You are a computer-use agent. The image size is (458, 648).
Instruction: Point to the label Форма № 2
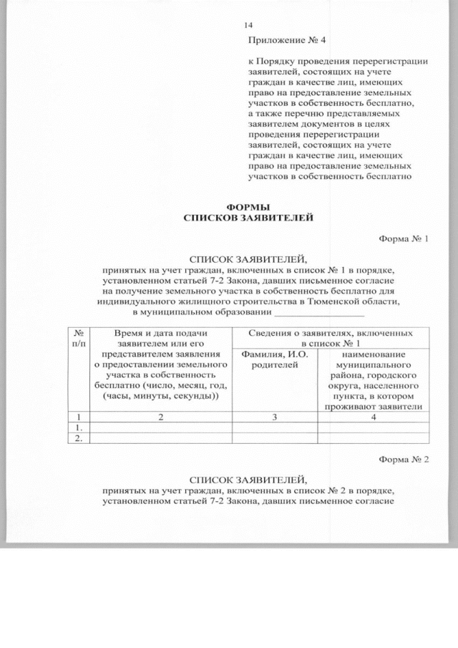[x=403, y=460]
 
